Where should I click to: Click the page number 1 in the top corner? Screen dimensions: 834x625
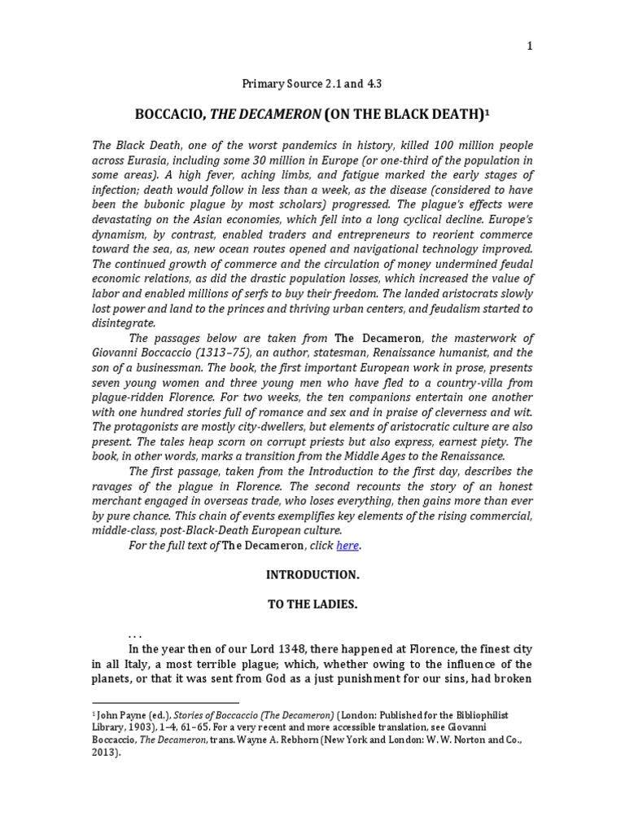pyautogui.click(x=530, y=46)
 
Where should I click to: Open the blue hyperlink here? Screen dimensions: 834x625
pyautogui.click(x=347, y=546)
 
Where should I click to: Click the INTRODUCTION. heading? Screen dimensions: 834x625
pyautogui.click(x=312, y=574)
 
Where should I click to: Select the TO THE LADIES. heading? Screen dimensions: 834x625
pyautogui.click(x=312, y=605)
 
